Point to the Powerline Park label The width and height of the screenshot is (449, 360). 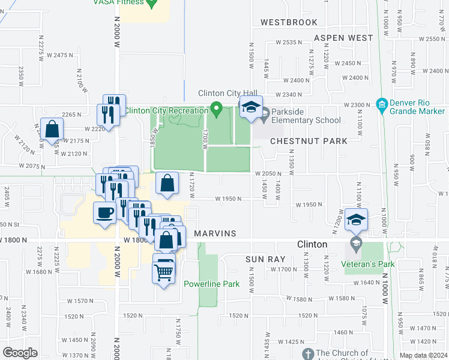click(x=212, y=284)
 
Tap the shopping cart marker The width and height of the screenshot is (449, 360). click(x=164, y=271)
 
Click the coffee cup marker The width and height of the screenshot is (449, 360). click(x=105, y=212)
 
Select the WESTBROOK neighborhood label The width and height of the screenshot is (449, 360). click(x=288, y=22)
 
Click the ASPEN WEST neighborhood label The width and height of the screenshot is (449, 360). click(x=344, y=38)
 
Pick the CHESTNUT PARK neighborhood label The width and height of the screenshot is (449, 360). click(x=309, y=141)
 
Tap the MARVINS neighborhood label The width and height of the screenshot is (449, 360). click(x=214, y=233)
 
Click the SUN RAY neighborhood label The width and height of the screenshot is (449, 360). click(x=264, y=259)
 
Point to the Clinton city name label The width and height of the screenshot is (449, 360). click(x=312, y=245)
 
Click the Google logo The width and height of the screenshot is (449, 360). click(x=20, y=353)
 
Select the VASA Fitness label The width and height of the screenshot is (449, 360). click(x=119, y=2)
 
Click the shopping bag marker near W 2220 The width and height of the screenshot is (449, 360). click(x=53, y=128)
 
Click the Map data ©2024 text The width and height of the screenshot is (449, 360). click(x=424, y=356)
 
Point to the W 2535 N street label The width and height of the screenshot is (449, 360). click(x=290, y=42)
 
